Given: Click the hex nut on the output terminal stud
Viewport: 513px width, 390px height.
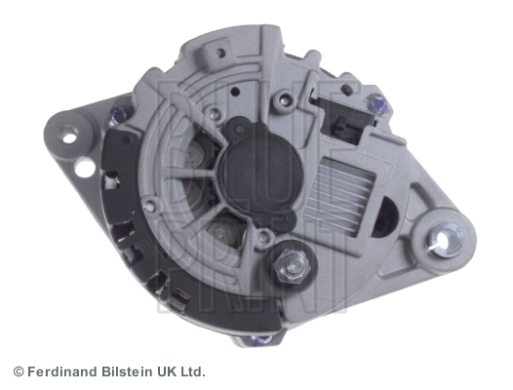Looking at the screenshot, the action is [293, 264].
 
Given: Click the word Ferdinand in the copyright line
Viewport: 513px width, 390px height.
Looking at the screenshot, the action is [62, 372].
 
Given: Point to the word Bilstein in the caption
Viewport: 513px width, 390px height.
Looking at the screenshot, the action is [127, 372].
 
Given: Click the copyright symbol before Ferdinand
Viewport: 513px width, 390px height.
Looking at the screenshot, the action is [19, 372].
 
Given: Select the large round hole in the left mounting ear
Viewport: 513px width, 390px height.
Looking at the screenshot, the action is [85, 168].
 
